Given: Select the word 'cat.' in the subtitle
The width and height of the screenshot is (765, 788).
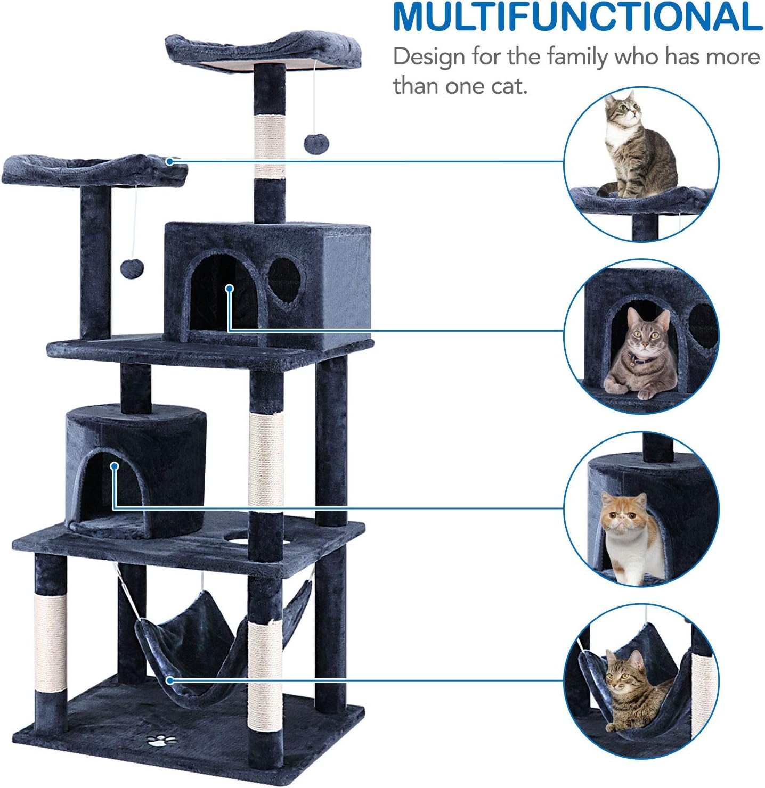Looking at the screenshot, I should (509, 86).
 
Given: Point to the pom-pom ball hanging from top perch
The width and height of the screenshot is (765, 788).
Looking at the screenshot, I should (316, 144).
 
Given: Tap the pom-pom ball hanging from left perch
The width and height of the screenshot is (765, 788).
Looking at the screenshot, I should (132, 268).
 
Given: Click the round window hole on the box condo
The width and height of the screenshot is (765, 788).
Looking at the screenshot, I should (286, 280).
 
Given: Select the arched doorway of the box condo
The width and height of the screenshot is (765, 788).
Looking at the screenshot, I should (224, 298).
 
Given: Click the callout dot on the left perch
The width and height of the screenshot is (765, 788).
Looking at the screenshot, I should (169, 161).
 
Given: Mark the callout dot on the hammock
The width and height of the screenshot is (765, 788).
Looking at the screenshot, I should (169, 680).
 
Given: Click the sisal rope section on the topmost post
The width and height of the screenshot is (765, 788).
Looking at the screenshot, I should (270, 146).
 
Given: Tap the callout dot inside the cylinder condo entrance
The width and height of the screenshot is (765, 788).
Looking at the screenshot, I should (114, 466).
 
